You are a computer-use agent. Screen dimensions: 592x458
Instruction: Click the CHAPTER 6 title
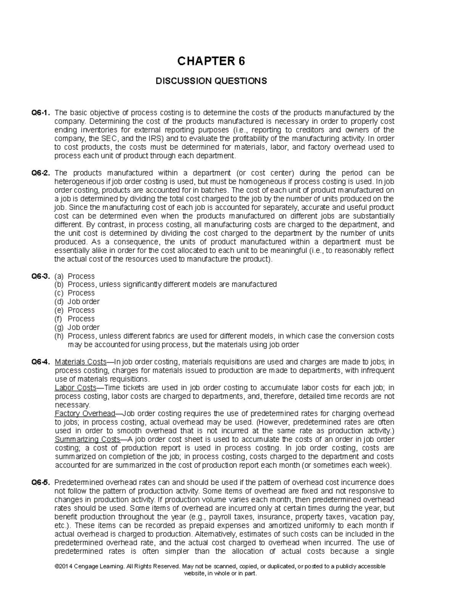tap(211, 61)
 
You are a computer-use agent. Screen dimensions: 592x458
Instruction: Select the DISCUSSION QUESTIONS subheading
tap(211, 81)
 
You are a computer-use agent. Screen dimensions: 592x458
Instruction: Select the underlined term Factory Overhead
tap(85, 414)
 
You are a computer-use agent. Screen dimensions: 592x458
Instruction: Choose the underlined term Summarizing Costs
tap(87, 440)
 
